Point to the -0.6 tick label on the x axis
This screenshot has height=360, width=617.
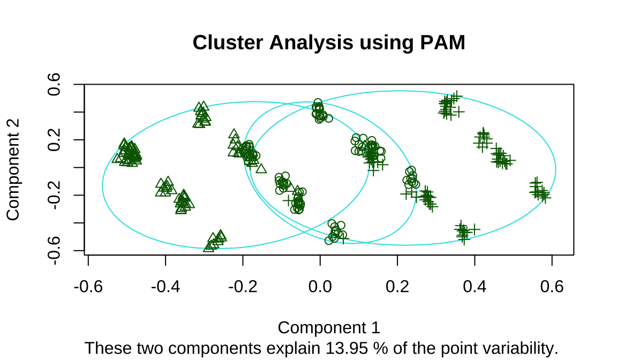(88, 287)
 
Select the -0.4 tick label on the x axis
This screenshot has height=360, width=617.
(165, 287)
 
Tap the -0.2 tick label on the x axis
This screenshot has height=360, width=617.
(243, 287)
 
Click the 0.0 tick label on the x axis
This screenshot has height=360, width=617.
(320, 287)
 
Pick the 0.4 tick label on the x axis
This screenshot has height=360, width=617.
(475, 287)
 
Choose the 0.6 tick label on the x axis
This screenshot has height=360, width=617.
(552, 287)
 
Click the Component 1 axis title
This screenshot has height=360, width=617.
(329, 327)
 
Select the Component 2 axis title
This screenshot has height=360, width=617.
(13, 169)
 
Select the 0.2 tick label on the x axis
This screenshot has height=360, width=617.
(397, 287)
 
